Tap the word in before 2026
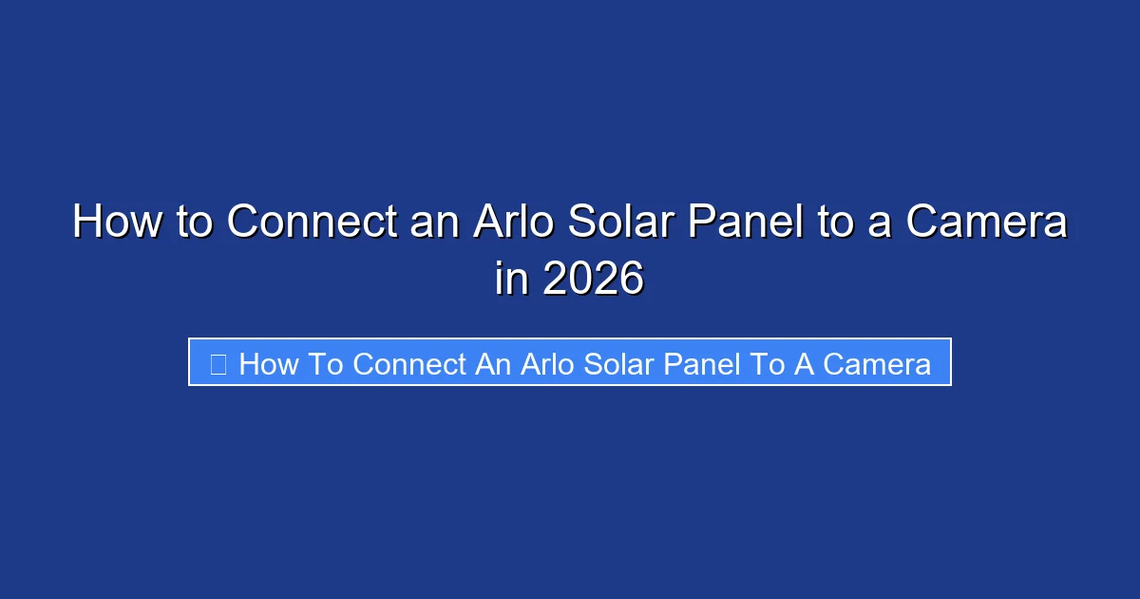(x=510, y=280)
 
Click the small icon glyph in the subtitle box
(x=218, y=363)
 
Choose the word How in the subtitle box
(x=269, y=363)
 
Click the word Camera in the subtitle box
(x=877, y=363)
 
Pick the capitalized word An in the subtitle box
(x=493, y=363)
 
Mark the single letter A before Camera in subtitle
(x=805, y=363)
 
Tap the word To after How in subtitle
(x=323, y=363)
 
